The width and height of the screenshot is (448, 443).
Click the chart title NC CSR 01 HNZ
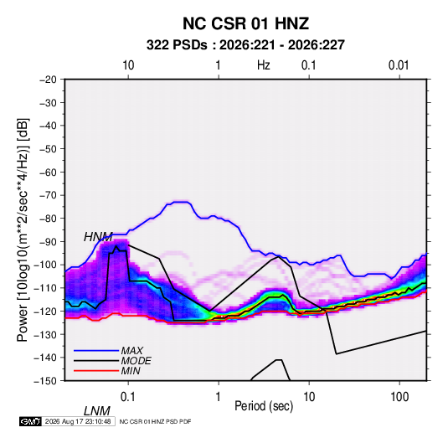pos(245,23)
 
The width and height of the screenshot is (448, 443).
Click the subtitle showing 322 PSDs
pos(245,45)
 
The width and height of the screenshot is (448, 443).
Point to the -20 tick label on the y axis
pos(48,80)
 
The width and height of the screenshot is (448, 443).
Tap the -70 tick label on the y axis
pos(48,195)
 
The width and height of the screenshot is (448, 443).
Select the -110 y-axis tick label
pos(46,288)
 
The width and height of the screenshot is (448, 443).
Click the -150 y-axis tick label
pos(46,381)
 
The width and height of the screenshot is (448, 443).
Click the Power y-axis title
pos(23,230)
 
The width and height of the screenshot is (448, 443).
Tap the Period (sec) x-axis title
pos(264,406)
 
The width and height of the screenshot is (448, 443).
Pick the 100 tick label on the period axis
pos(399,397)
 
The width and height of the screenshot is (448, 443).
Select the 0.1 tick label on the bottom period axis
pos(127,397)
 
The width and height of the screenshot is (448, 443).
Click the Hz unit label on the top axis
pos(264,65)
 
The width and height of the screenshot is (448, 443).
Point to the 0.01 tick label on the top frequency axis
pos(399,65)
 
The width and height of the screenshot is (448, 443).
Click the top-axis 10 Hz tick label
pos(128,65)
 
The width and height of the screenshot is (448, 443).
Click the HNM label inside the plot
pos(98,237)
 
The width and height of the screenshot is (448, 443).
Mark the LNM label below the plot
pos(97,411)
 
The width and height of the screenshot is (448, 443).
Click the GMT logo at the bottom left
pos(30,421)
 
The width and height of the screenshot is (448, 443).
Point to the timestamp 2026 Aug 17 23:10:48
pos(78,421)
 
